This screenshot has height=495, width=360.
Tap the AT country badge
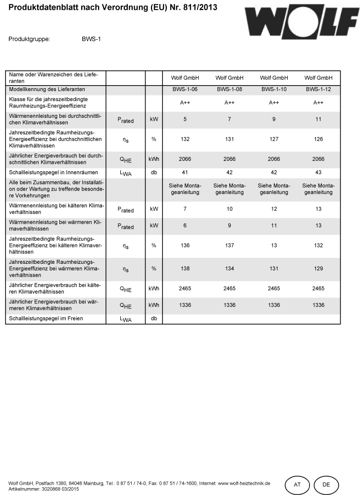(x=297, y=485)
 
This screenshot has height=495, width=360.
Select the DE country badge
(x=326, y=485)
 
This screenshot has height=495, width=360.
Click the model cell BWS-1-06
(x=185, y=90)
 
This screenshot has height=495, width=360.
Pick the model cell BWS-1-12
(x=318, y=90)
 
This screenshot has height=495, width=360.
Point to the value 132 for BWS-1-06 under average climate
(x=185, y=140)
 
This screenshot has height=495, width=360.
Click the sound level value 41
(x=185, y=173)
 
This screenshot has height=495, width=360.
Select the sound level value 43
(x=318, y=173)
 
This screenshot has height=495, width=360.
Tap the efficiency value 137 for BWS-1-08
(x=230, y=246)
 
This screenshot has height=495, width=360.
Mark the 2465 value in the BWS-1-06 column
(x=185, y=289)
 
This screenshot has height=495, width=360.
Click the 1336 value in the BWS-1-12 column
(x=318, y=305)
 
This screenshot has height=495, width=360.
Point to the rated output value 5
(x=185, y=120)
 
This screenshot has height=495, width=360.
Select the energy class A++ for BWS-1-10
(x=274, y=103)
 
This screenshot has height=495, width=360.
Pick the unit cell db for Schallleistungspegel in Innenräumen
(x=154, y=173)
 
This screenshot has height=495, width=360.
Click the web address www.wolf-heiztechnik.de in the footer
(x=244, y=483)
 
